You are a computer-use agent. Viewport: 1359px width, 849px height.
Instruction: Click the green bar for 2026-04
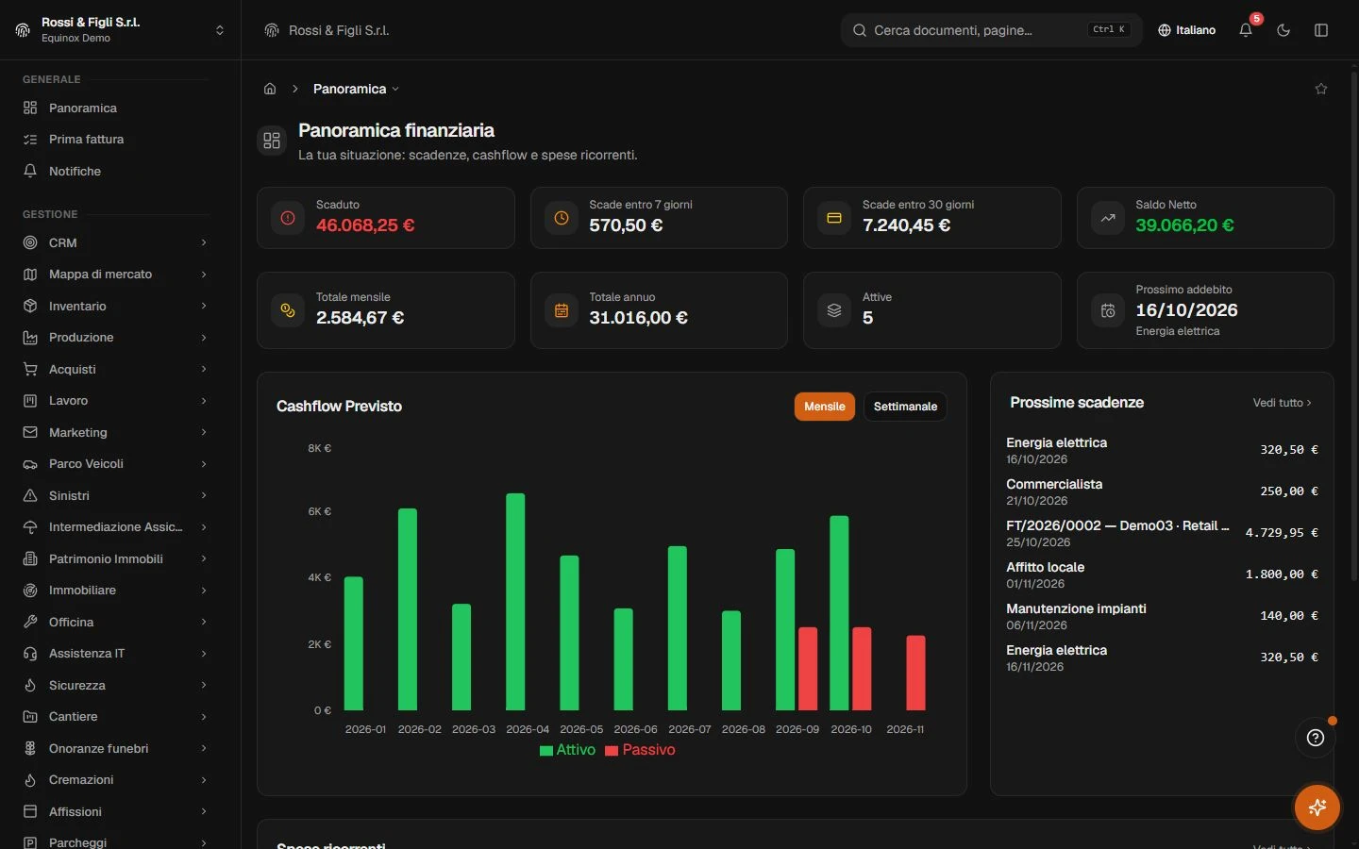(x=515, y=602)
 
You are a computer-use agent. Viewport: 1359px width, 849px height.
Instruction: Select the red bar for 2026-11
(x=915, y=673)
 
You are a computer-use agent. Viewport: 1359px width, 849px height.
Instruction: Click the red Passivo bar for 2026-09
(x=808, y=668)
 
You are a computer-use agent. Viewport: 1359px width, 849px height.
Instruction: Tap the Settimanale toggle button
(x=905, y=407)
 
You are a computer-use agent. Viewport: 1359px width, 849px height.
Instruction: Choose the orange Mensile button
(x=825, y=407)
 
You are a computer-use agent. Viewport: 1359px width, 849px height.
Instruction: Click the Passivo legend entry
(x=640, y=750)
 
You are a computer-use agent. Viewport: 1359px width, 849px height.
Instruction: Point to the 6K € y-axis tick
(x=319, y=511)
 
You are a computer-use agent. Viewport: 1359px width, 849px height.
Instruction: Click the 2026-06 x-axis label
(x=635, y=729)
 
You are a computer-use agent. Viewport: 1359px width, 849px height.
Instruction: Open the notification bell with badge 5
(x=1246, y=30)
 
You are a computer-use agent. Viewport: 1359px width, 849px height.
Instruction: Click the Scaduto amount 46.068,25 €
(x=365, y=225)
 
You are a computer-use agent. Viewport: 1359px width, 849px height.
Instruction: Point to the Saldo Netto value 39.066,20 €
(x=1184, y=225)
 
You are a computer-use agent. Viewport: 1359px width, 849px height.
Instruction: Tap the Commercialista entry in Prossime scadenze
(x=1054, y=484)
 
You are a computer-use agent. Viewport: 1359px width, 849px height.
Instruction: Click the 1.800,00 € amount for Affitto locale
(x=1282, y=574)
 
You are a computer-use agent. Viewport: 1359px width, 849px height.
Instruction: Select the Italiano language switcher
(x=1186, y=30)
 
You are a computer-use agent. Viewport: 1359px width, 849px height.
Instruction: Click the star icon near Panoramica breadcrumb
(x=1321, y=89)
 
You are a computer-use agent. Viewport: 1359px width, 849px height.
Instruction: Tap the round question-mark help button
(x=1316, y=738)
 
